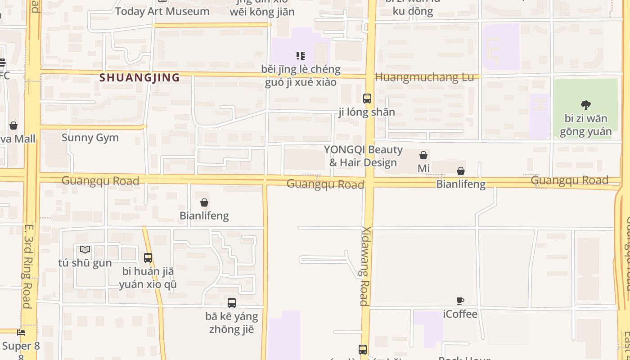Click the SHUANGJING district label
click(x=139, y=77)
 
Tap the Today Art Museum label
click(x=162, y=11)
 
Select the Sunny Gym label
click(x=90, y=138)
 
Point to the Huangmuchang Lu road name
click(x=424, y=77)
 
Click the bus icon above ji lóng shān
click(x=367, y=98)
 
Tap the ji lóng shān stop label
click(x=367, y=112)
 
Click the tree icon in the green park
click(x=585, y=105)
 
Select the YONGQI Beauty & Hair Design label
click(x=363, y=156)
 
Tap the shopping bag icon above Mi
click(x=423, y=155)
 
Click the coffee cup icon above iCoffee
click(x=460, y=301)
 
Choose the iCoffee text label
click(x=460, y=314)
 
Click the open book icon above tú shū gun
click(x=85, y=249)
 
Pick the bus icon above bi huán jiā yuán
click(x=148, y=258)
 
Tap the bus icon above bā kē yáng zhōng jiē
click(x=232, y=303)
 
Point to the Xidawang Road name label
click(x=364, y=265)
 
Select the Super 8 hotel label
click(x=21, y=346)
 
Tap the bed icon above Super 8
click(x=21, y=333)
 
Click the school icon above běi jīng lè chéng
click(x=301, y=56)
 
